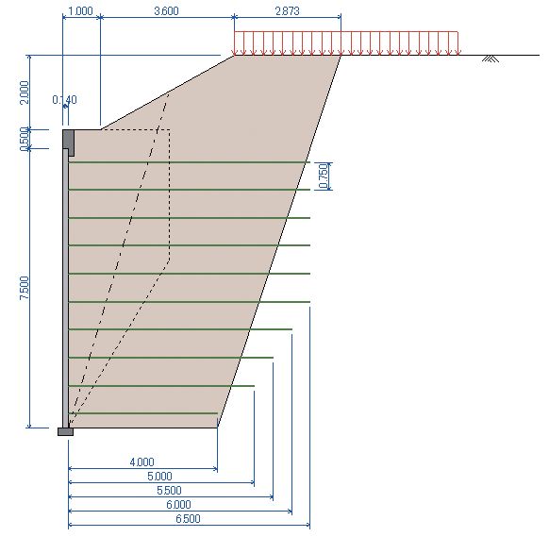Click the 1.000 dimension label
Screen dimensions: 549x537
point(80,11)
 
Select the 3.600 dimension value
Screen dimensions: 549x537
point(167,11)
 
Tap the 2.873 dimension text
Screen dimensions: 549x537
point(288,11)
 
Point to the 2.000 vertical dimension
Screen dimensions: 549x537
point(25,92)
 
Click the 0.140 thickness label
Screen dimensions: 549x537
point(64,100)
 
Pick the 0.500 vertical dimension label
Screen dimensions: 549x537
point(25,139)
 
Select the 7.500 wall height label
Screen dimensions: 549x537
point(25,288)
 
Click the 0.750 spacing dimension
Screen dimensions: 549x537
point(324,176)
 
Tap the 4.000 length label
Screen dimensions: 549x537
point(141,462)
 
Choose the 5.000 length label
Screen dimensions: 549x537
point(159,477)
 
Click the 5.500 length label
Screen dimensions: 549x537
point(169,491)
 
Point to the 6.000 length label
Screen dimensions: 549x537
point(178,505)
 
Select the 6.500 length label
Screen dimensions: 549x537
point(188,519)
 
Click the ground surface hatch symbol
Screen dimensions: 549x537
point(491,59)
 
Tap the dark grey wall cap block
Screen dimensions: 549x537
point(69,142)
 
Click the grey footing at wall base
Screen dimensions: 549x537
point(65,431)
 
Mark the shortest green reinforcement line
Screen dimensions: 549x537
point(142,413)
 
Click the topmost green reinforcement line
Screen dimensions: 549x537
point(189,162)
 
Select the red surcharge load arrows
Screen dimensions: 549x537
point(346,43)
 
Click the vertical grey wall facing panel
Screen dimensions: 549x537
point(65,288)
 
